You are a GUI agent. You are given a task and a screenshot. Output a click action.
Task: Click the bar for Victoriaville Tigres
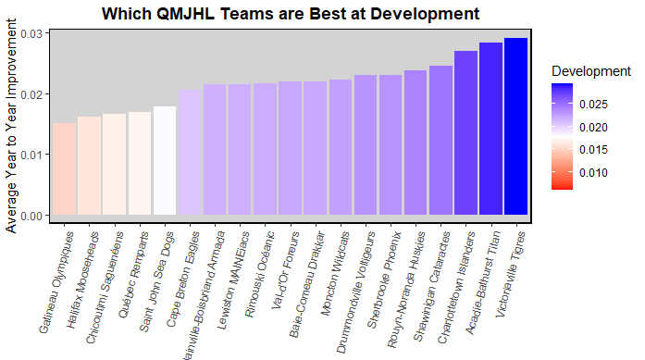coord(515,127)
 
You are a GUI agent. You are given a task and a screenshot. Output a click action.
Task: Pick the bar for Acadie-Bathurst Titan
coord(490,129)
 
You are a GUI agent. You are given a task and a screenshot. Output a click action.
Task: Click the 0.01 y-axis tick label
coord(31,155)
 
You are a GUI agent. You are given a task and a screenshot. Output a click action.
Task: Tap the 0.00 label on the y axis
coord(31,216)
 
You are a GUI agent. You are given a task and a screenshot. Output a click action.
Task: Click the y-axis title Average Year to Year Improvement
coord(11,130)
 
